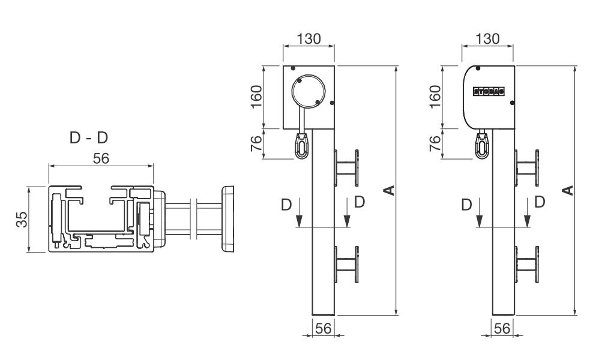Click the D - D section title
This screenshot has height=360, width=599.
(89, 137)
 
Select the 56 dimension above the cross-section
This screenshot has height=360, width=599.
(101, 158)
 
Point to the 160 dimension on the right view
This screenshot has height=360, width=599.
(436, 97)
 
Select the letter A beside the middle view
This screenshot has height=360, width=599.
(389, 190)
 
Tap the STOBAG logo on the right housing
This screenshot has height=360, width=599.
(489, 92)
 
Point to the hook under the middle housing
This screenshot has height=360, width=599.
(301, 145)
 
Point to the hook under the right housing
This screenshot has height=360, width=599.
(482, 145)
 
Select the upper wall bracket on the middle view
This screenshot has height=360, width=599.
(348, 166)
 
